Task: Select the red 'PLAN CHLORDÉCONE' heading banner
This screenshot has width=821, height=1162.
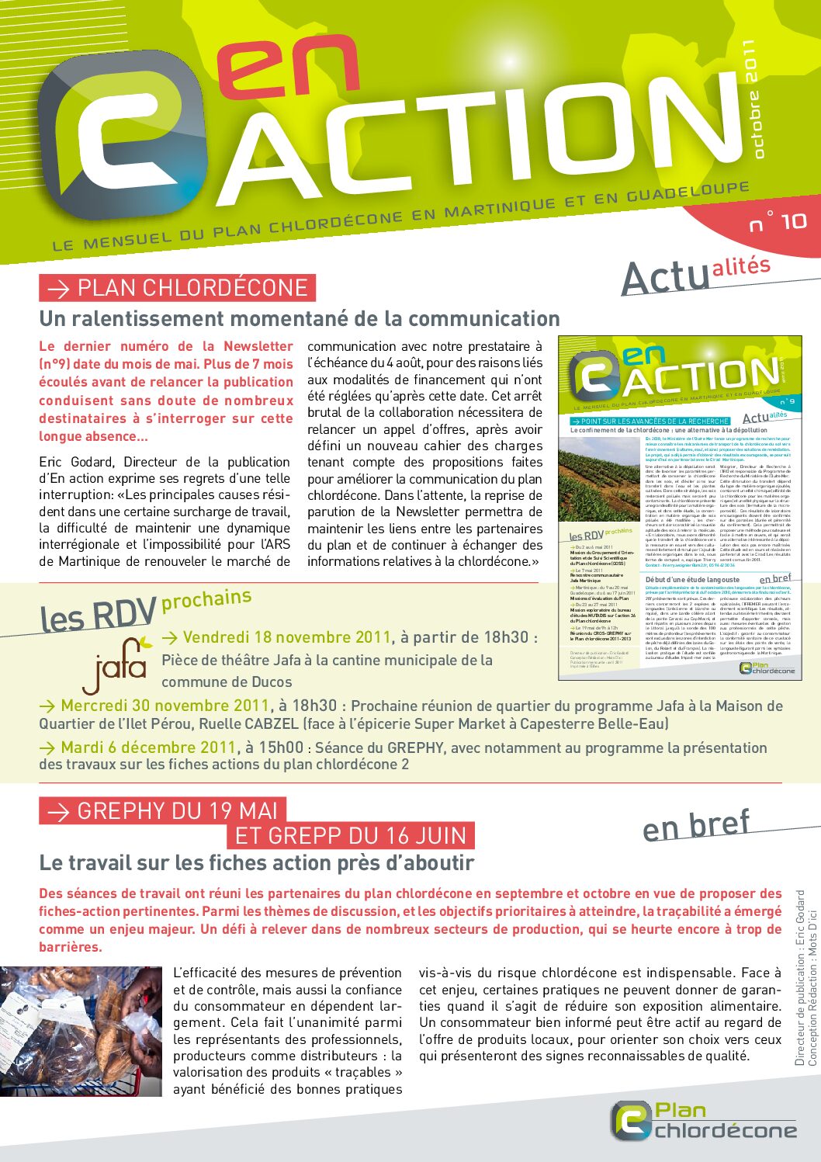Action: click(x=177, y=288)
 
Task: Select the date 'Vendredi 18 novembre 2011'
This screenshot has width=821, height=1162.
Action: click(x=286, y=637)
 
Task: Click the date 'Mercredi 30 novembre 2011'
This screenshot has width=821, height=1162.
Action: click(x=165, y=706)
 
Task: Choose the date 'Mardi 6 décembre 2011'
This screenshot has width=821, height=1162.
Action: click(x=147, y=747)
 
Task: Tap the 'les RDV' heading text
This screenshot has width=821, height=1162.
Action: click(x=98, y=616)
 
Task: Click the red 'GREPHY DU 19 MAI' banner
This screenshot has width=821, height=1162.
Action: click(x=163, y=811)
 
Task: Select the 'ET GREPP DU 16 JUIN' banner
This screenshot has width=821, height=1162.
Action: click(x=350, y=836)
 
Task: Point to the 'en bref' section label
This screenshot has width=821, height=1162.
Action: click(x=696, y=826)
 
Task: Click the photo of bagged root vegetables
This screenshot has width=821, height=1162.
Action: click(x=81, y=1031)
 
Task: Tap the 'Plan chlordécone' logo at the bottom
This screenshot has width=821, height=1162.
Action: click(x=704, y=1121)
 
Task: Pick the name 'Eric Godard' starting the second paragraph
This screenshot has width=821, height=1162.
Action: click(x=75, y=462)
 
